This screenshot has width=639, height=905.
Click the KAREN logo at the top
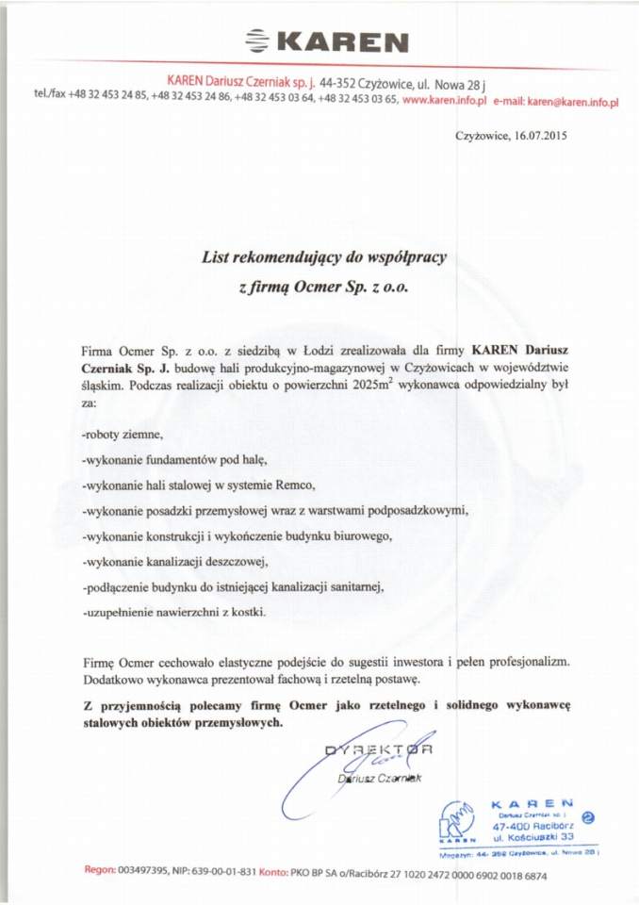click(326, 41)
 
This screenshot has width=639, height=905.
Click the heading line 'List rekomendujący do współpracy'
click(325, 255)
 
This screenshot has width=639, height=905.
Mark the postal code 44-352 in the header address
click(340, 83)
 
